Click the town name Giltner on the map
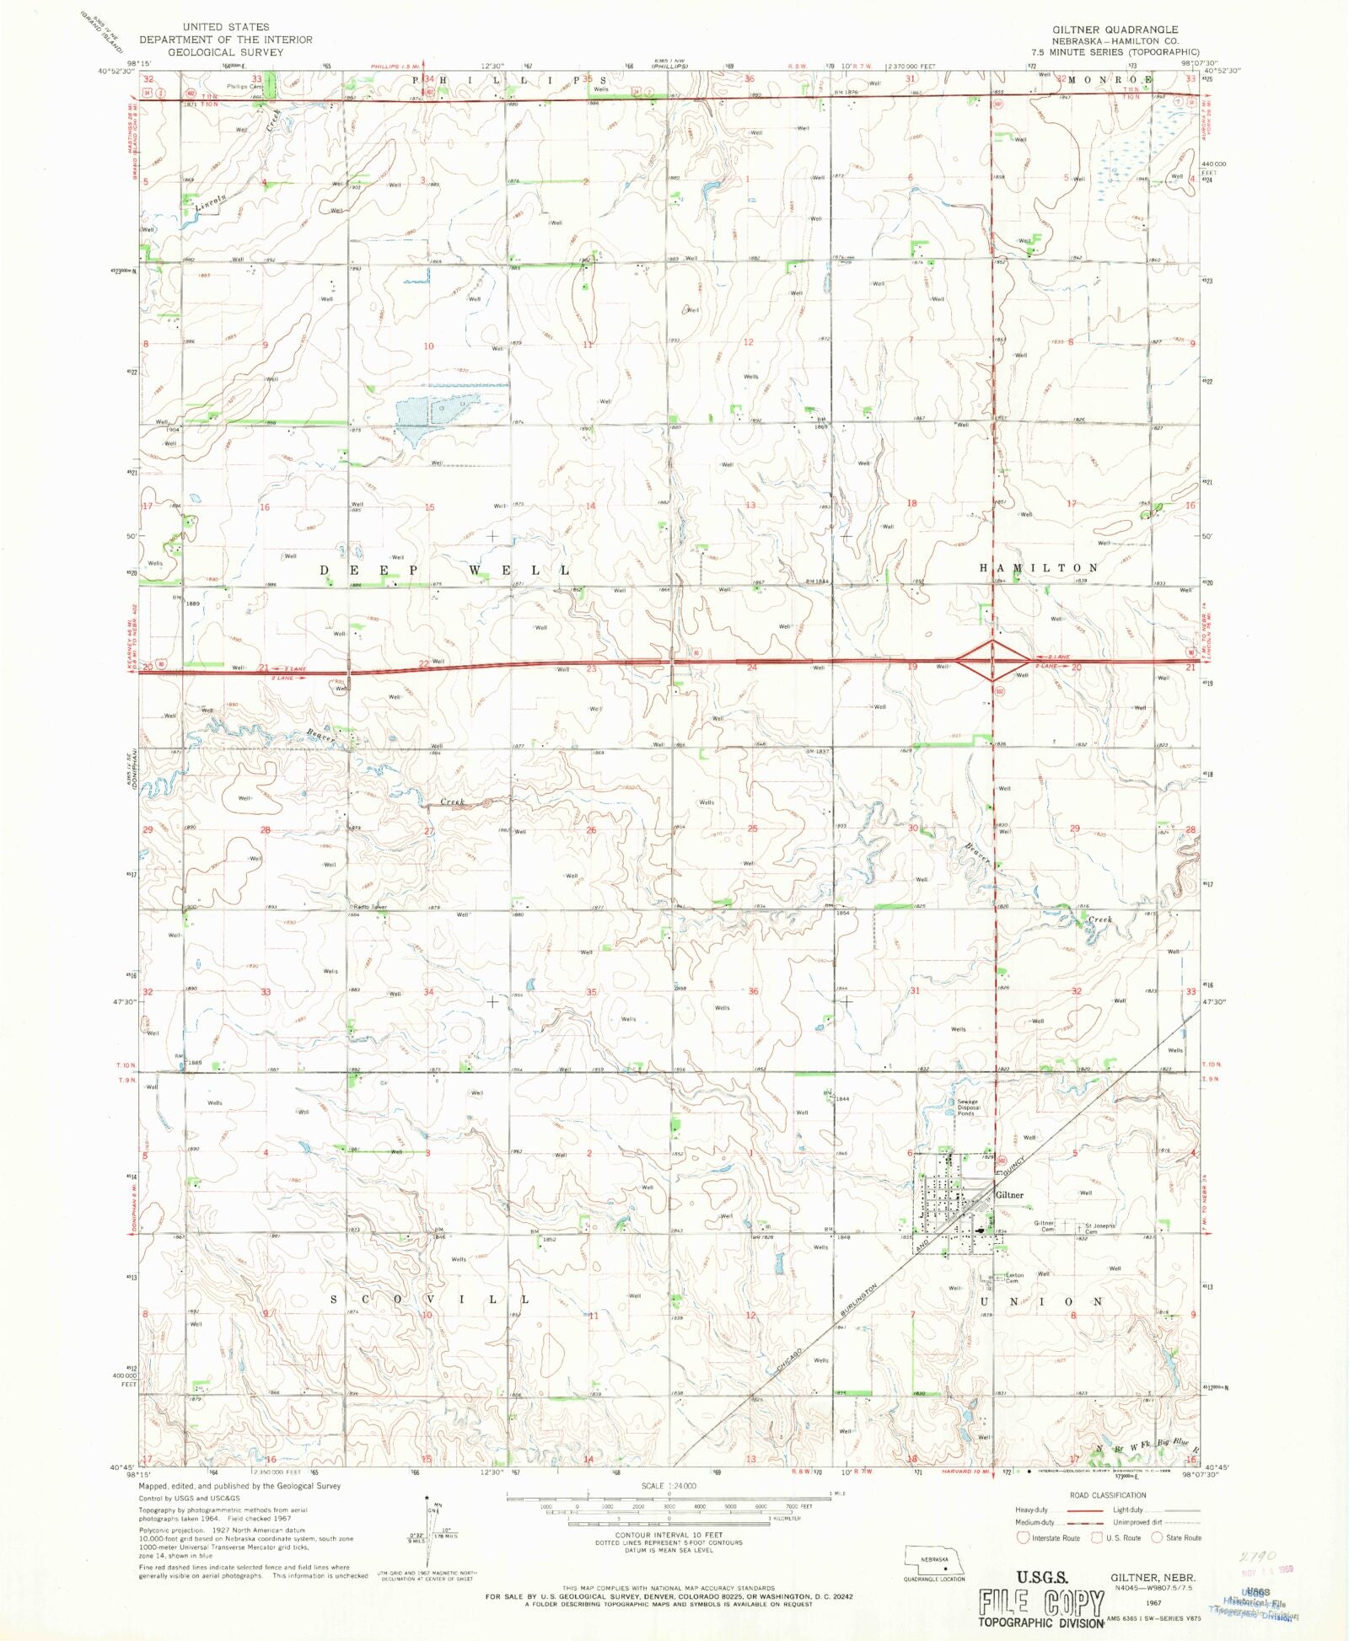point(1009,1195)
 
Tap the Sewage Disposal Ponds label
point(967,1107)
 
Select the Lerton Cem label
point(1014,1278)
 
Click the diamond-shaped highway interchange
point(993,660)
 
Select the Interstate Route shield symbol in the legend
point(1023,1538)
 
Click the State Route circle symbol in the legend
point(1158,1538)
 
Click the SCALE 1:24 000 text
point(669,1486)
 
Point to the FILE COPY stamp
point(1040,1602)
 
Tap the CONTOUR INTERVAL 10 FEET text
point(669,1535)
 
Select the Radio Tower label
point(369,907)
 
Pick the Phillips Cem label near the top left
point(245,87)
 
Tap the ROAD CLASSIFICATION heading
point(1108,1495)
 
